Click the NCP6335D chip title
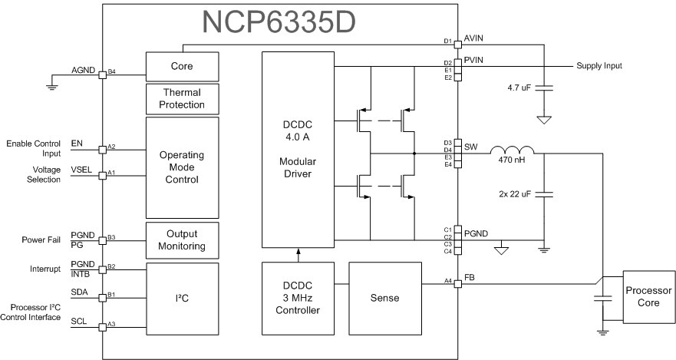(280, 23)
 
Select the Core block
(182, 66)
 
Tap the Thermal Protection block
(182, 99)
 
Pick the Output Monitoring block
(182, 239)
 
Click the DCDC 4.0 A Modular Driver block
(298, 149)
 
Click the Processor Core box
(648, 297)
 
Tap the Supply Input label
(599, 66)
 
